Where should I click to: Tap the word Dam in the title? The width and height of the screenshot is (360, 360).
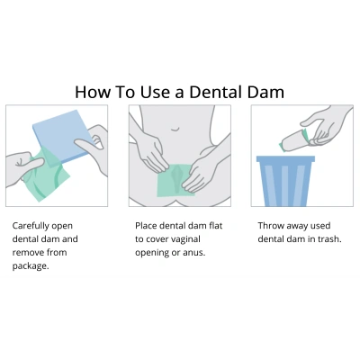(265, 92)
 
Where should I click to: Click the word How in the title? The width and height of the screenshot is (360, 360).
(93, 92)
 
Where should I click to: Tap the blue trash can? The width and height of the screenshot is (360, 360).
(285, 181)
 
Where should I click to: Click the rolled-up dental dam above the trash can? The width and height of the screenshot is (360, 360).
(293, 141)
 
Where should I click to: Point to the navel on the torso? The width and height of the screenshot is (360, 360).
(175, 130)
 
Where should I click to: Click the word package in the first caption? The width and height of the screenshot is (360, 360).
(31, 266)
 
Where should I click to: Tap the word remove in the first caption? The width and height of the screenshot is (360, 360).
(28, 253)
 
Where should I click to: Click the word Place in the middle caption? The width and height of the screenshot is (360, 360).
(146, 226)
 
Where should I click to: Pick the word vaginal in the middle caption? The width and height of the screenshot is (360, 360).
(184, 239)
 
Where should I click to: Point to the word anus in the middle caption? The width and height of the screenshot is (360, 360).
(193, 253)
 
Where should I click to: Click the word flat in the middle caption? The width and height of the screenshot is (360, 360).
(216, 226)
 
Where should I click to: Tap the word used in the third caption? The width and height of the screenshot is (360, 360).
(320, 226)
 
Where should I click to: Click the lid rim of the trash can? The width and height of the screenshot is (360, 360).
(285, 158)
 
